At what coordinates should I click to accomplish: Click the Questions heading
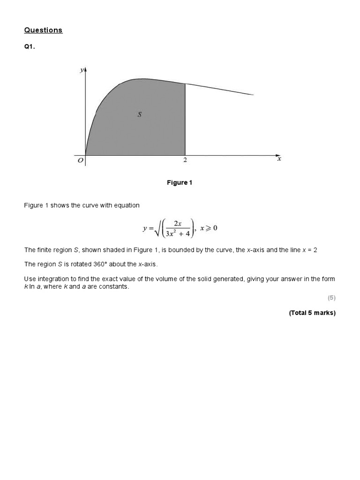tap(43, 30)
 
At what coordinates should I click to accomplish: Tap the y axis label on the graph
tap(82, 70)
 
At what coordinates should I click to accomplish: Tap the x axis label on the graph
tap(279, 159)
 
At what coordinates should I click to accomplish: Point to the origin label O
tap(81, 160)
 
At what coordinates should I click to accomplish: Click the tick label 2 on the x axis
tap(185, 160)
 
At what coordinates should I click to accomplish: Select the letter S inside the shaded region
tap(139, 114)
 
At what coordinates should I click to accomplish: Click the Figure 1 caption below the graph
tap(180, 183)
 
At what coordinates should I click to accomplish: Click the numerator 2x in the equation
tap(178, 224)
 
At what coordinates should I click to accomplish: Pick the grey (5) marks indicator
tap(331, 298)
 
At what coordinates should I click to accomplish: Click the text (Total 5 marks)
tap(312, 313)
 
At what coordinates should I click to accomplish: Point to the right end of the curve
tap(253, 95)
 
